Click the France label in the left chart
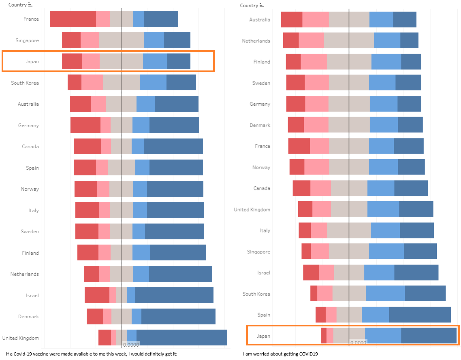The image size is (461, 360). [x=31, y=19]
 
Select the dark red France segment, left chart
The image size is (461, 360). [x=73, y=19]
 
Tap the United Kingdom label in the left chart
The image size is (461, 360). [x=21, y=338]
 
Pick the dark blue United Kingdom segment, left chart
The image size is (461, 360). [x=181, y=337]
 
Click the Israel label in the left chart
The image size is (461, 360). [x=32, y=296]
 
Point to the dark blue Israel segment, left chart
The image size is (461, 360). [x=174, y=295]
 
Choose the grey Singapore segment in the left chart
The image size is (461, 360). [x=122, y=40]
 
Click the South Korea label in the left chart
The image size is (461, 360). [x=25, y=83]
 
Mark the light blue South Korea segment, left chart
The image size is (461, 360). [x=153, y=83]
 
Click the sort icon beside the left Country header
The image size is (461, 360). [x=30, y=5]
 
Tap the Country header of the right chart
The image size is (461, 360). [x=249, y=6]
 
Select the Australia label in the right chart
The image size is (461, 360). [x=260, y=20]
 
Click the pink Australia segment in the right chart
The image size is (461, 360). [x=316, y=19]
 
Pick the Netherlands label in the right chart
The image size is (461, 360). [x=256, y=41]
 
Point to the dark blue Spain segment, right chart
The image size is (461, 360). [x=420, y=315]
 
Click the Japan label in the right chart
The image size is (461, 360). [x=263, y=336]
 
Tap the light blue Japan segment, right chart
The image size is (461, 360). [x=383, y=336]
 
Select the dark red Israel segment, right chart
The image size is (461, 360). [x=311, y=273]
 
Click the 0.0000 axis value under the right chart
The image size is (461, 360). [x=358, y=343]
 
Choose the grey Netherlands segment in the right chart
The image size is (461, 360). [x=349, y=40]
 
